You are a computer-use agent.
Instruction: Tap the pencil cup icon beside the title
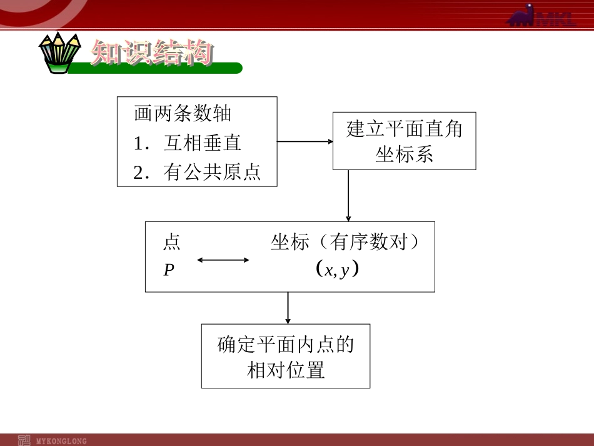click(60, 53)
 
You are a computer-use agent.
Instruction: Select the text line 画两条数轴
click(183, 114)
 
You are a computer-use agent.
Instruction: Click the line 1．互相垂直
click(187, 143)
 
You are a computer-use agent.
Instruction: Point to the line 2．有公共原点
click(197, 172)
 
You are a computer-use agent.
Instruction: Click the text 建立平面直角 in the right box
click(404, 129)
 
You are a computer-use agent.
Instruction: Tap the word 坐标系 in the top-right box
click(404, 155)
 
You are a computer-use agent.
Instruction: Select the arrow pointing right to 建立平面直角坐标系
click(305, 141)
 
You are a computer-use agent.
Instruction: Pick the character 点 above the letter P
click(171, 242)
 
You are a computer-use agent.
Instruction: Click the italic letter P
click(169, 270)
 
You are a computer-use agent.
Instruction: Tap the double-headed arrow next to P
click(223, 260)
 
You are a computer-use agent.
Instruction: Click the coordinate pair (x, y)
click(338, 270)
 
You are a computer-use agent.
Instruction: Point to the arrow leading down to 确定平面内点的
click(288, 307)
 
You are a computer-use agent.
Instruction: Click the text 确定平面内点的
click(286, 345)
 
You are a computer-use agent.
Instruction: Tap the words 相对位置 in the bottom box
click(286, 370)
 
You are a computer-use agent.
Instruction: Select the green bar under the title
click(156, 68)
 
